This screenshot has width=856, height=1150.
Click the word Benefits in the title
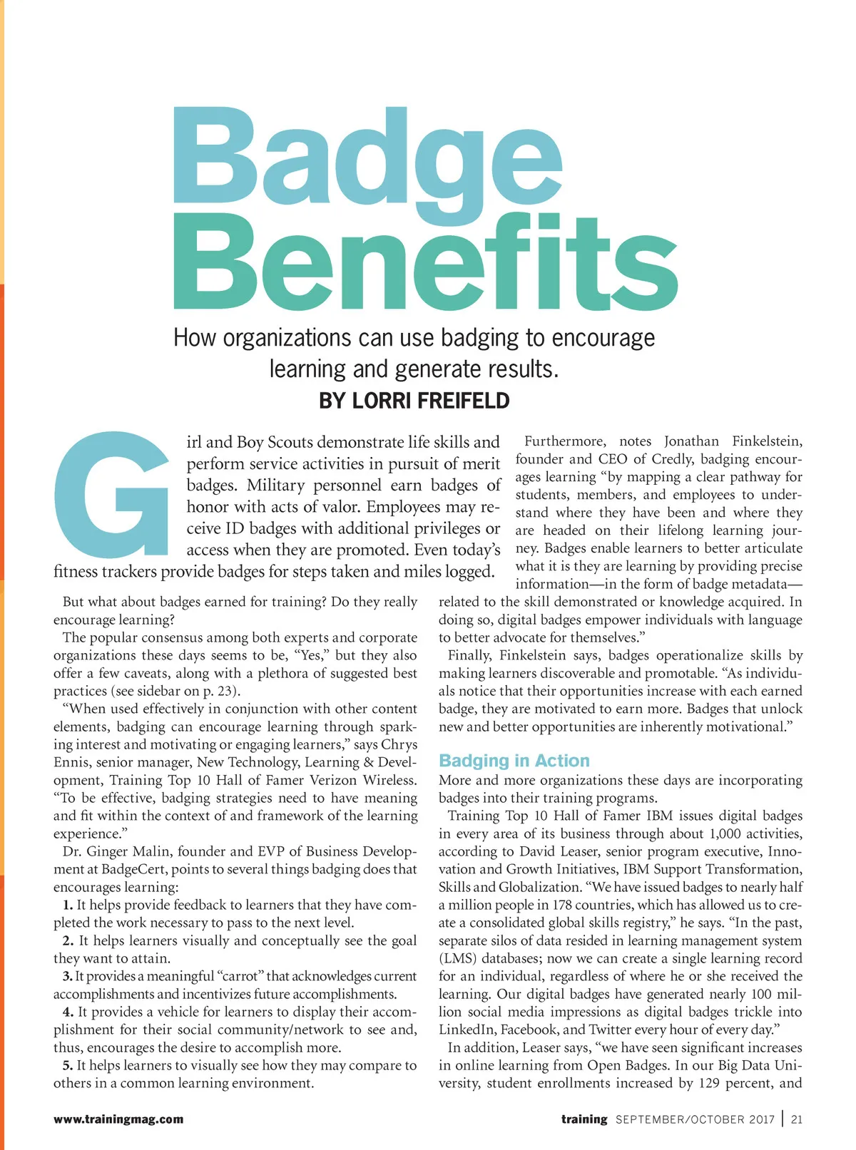425,264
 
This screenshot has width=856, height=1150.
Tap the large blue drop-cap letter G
111,493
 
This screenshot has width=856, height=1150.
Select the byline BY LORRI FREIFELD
414,401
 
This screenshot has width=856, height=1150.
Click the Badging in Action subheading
514,761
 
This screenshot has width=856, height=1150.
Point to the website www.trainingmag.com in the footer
118,1119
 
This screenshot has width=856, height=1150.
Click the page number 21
797,1119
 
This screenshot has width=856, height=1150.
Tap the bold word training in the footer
584,1119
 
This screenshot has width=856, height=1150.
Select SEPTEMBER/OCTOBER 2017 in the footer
695,1119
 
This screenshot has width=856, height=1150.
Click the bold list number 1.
68,905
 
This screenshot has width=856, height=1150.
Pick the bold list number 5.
68,1065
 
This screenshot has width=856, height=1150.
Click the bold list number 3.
67,976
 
